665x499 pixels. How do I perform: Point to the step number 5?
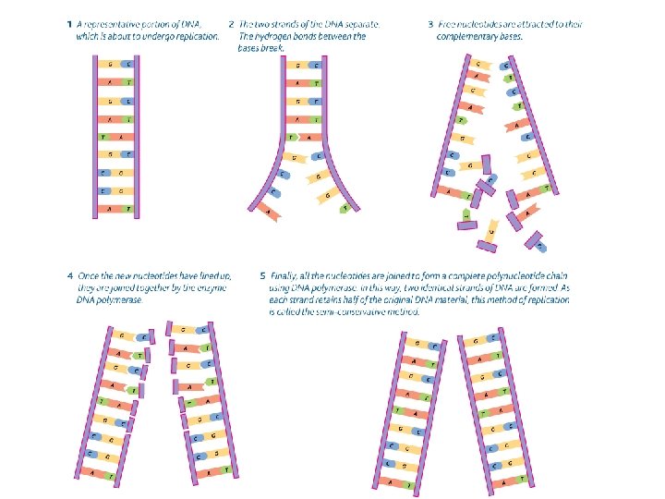tap(264, 275)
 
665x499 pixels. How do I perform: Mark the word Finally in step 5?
tap(284, 275)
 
